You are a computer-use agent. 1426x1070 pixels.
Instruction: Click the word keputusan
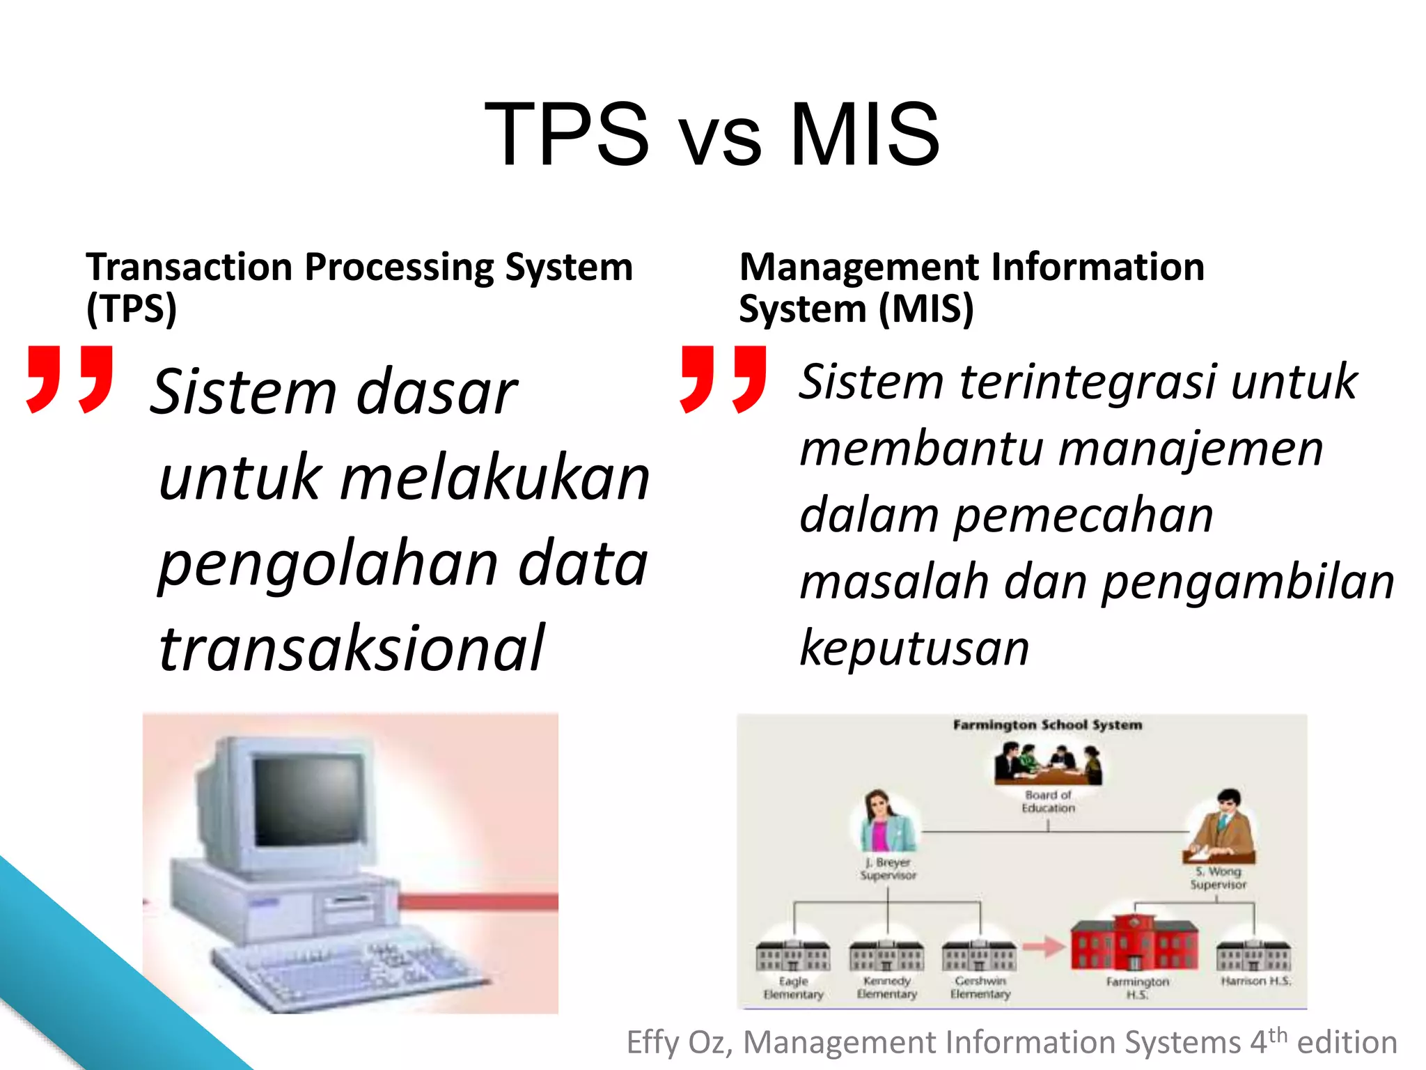(x=914, y=648)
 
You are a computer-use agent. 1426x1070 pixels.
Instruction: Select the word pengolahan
(x=328, y=564)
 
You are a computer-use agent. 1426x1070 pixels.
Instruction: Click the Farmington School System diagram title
(x=1047, y=725)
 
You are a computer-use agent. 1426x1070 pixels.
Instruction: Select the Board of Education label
(x=1048, y=801)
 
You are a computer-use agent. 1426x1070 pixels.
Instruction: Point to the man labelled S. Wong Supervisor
(x=1223, y=825)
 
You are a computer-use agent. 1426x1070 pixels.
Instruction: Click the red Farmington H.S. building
(x=1134, y=943)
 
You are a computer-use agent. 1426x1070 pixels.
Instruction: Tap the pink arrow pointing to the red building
(x=1044, y=947)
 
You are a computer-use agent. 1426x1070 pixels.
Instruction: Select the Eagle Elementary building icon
(x=792, y=955)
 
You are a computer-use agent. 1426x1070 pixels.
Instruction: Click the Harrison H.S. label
(x=1255, y=981)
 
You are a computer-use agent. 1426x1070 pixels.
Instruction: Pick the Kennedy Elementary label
(x=886, y=987)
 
